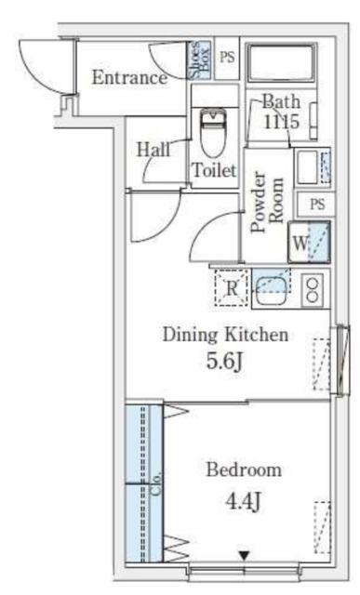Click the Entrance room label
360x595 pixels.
click(x=129, y=78)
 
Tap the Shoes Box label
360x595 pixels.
click(x=200, y=59)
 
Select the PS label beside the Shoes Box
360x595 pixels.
click(x=227, y=58)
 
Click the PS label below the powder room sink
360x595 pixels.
click(x=317, y=205)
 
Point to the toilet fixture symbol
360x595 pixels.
click(x=213, y=132)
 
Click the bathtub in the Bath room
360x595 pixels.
click(x=281, y=62)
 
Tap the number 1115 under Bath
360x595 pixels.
click(x=281, y=122)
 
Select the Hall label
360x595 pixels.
click(x=153, y=149)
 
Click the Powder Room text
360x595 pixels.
click(x=268, y=202)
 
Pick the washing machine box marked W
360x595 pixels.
click(x=309, y=243)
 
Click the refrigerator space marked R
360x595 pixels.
click(x=232, y=288)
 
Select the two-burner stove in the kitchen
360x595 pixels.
click(x=313, y=290)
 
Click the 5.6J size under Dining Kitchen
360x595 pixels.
click(x=224, y=361)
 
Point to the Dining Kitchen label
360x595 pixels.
click(x=225, y=335)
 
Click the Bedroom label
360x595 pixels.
click(x=244, y=469)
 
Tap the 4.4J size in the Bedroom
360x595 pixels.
click(x=243, y=501)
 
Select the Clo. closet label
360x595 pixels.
click(x=157, y=483)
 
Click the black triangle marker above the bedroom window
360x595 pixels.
click(x=244, y=556)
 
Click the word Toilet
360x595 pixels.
click(x=215, y=170)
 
